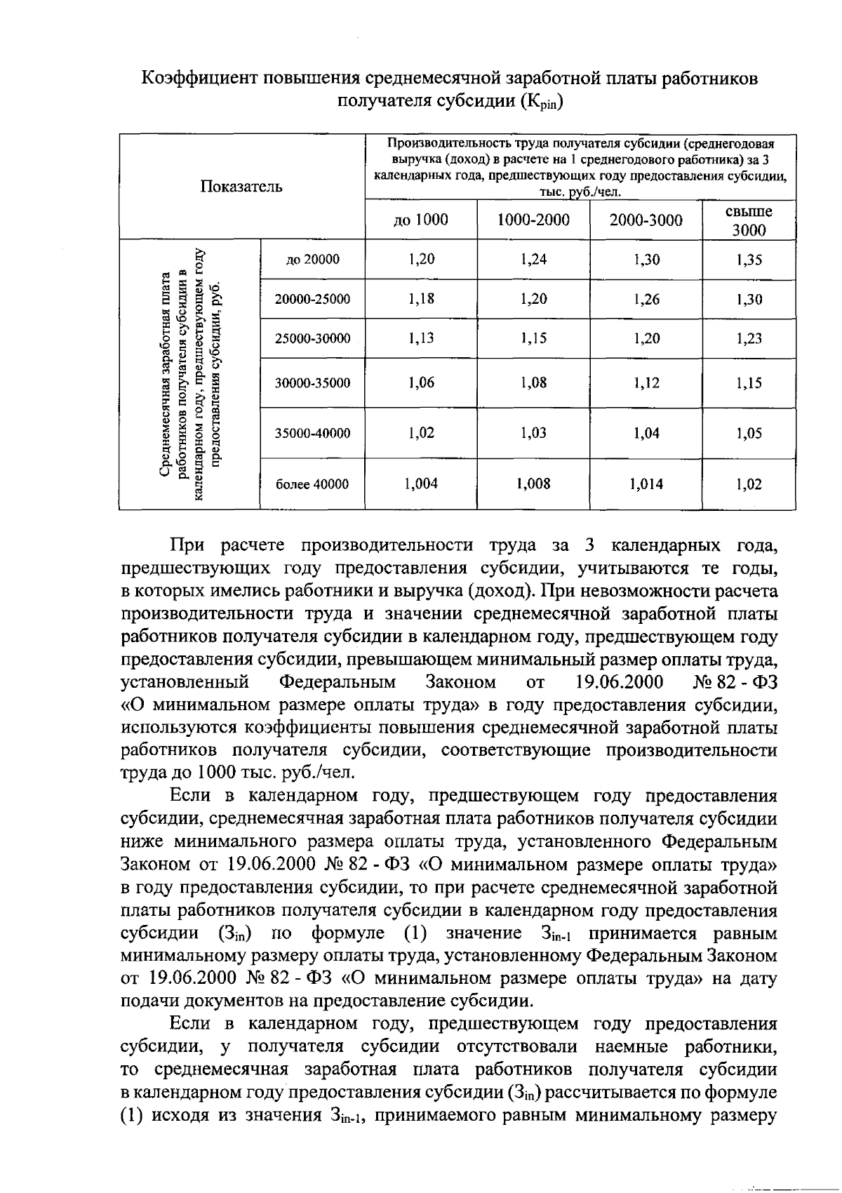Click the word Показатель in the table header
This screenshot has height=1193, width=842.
click(x=241, y=187)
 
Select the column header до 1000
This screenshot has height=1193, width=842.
click(x=420, y=220)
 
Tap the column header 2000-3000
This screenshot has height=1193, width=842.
click(x=646, y=220)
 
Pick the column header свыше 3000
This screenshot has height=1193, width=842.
click(x=749, y=220)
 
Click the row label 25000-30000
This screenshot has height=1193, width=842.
click(x=312, y=339)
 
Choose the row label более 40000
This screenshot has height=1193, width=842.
click(x=312, y=484)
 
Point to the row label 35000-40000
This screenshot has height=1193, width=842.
click(x=312, y=434)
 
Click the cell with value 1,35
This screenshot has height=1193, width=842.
click(x=749, y=260)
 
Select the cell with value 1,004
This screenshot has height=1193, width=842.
click(x=421, y=484)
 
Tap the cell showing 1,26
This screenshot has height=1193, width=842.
click(x=646, y=300)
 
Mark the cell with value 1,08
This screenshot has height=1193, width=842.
click(x=533, y=382)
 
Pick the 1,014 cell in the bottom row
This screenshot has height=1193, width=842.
click(x=646, y=484)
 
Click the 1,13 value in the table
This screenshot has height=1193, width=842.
click(x=421, y=338)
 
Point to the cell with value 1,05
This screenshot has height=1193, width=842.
click(x=749, y=434)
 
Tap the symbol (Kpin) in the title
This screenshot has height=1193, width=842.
click(x=541, y=102)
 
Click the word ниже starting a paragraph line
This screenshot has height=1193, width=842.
click(x=141, y=841)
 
